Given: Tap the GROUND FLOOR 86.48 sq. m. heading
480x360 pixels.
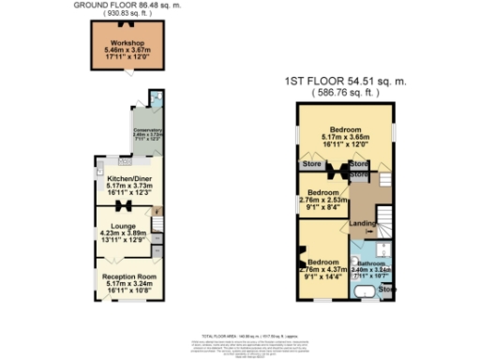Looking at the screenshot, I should pyautogui.click(x=127, y=5).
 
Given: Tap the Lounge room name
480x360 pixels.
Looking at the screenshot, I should pyautogui.click(x=126, y=226).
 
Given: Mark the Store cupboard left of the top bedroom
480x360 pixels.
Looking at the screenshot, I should pyautogui.click(x=311, y=165).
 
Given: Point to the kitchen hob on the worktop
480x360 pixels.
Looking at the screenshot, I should pyautogui.click(x=111, y=160).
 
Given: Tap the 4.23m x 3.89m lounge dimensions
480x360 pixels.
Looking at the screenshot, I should pyautogui.click(x=126, y=233).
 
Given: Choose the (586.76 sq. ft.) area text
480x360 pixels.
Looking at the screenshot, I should pyautogui.click(x=345, y=93).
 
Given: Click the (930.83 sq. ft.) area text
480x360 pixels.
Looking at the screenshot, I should pyautogui.click(x=127, y=15).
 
